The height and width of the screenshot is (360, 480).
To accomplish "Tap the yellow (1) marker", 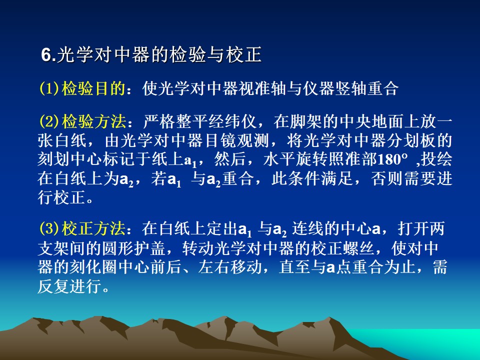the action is pyautogui.click(x=49, y=89).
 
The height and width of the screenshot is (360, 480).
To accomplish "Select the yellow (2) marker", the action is pyautogui.click(x=49, y=121).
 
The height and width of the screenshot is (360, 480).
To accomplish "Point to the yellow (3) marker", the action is pyautogui.click(x=49, y=228).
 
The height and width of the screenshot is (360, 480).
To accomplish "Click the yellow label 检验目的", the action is pyautogui.click(x=93, y=89).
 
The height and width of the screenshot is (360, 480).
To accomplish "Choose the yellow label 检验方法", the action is pyautogui.click(x=93, y=121).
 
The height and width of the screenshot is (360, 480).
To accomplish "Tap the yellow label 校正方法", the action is pyautogui.click(x=93, y=228).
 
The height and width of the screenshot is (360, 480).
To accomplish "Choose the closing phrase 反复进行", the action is pyautogui.click(x=70, y=286).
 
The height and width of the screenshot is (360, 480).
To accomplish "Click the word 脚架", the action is pyautogui.click(x=306, y=121).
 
